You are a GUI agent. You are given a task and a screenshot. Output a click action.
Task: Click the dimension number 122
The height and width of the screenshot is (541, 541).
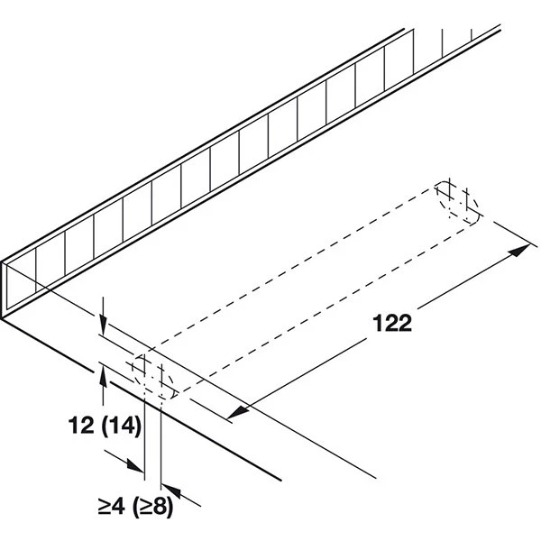(x=392, y=324)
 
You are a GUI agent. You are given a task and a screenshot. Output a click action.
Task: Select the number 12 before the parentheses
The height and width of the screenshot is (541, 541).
(x=81, y=425)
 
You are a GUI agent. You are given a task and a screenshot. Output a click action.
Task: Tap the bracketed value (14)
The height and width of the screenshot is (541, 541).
(x=122, y=426)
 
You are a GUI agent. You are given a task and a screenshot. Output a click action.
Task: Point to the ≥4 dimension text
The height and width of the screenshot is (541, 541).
(x=111, y=507)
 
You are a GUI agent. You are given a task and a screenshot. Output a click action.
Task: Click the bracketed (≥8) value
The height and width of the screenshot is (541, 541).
(x=152, y=508)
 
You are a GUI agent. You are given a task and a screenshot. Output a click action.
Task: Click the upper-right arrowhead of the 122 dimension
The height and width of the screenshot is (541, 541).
(x=519, y=250)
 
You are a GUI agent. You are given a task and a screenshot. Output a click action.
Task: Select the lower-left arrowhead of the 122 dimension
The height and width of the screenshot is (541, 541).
(x=238, y=412)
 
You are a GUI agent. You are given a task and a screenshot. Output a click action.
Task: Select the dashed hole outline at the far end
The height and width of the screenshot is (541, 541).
(x=457, y=203)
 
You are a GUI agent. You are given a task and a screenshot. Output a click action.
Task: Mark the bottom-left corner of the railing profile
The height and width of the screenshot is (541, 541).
(x=1, y=319)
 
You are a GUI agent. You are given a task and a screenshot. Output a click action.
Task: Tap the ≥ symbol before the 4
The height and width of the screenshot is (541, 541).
(x=104, y=508)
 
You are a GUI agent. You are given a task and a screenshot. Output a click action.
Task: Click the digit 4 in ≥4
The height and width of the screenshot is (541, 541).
(x=118, y=507)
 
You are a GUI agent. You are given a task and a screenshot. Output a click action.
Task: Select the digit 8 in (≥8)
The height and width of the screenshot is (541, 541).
(x=160, y=507)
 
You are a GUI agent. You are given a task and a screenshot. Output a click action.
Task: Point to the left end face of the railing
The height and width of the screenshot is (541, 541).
(x=5, y=289)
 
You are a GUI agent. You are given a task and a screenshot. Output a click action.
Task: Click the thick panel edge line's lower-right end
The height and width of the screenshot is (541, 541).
(x=280, y=480)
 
